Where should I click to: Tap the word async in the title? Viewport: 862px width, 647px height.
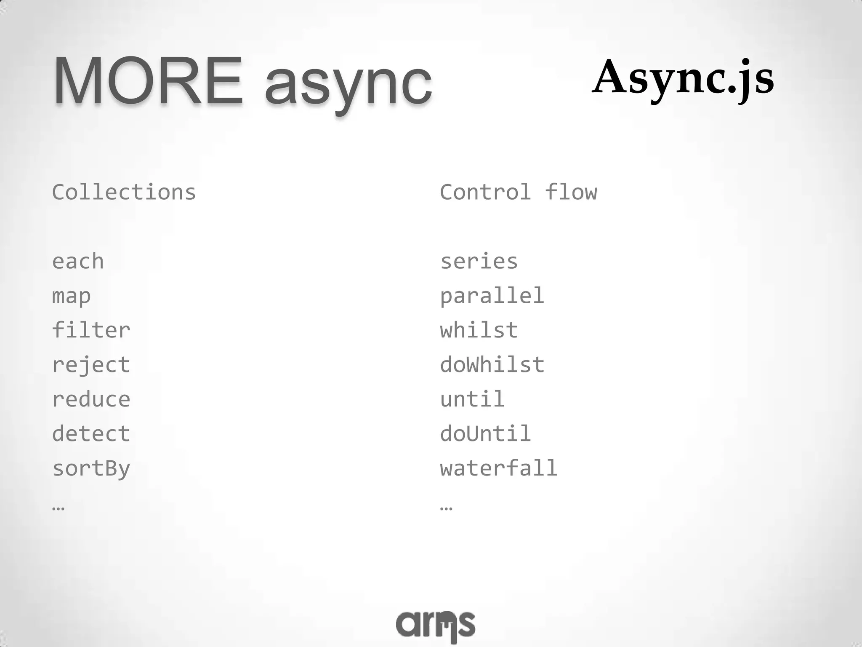point(349,84)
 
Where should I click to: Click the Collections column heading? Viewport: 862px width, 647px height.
point(124,192)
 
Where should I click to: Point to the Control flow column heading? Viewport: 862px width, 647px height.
point(519,192)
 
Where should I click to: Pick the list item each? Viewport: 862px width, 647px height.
point(78,262)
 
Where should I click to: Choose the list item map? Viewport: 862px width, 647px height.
point(71,297)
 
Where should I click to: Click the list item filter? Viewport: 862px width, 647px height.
point(91,330)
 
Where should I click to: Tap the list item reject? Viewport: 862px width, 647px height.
point(91,365)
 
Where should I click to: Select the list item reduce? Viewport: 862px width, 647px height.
point(91,400)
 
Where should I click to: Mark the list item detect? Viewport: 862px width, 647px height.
point(91,434)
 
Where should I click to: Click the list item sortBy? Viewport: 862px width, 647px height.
point(91,469)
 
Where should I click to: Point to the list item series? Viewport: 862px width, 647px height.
point(479,262)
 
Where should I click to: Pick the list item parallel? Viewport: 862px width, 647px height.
point(492,296)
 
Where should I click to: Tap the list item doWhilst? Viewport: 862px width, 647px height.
point(492,365)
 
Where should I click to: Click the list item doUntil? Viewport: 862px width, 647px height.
point(485,434)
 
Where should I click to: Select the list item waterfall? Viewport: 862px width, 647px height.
point(499,468)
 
